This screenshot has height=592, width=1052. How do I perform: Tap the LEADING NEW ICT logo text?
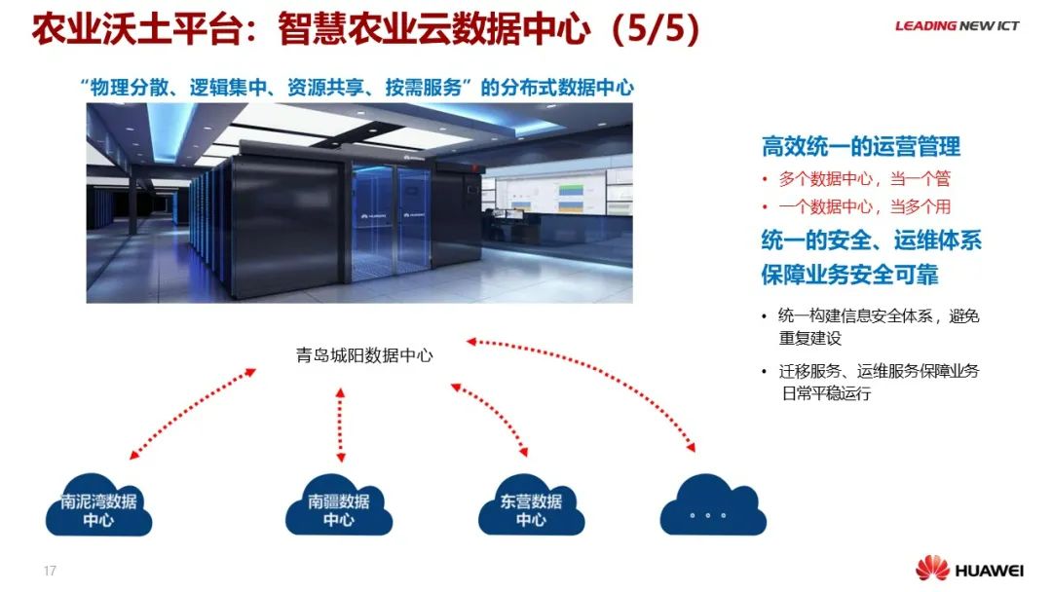click(x=957, y=26)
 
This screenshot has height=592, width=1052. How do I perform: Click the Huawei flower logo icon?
click(x=931, y=569)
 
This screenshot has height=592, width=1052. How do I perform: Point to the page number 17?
click(x=50, y=571)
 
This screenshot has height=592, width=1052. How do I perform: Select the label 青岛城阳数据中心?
click(x=364, y=355)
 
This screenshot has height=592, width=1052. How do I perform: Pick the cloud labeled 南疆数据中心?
click(x=338, y=508)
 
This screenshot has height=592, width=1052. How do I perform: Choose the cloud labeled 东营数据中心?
click(x=531, y=508)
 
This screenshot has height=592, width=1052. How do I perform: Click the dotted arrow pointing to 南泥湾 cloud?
click(x=192, y=413)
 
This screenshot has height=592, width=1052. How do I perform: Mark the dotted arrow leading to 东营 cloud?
click(x=489, y=419)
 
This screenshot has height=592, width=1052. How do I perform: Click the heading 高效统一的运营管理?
click(x=860, y=147)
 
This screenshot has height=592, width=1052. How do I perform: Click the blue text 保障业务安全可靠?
click(x=849, y=275)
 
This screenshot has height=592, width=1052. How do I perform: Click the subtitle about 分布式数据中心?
click(x=357, y=88)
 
